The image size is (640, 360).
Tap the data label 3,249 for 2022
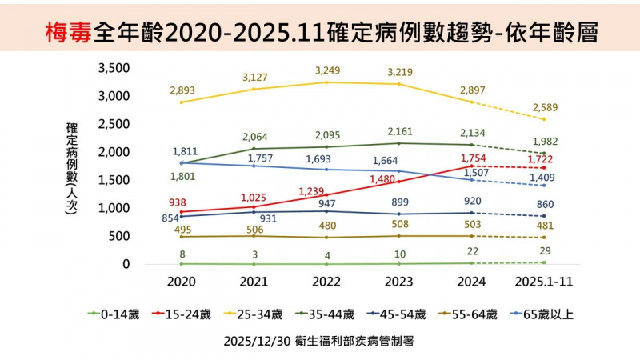[328, 70]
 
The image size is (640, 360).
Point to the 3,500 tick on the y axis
[113, 68]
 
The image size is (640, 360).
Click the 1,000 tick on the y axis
[113, 208]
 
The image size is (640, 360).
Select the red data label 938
[183, 202]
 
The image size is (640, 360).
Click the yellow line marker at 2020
[182, 102]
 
